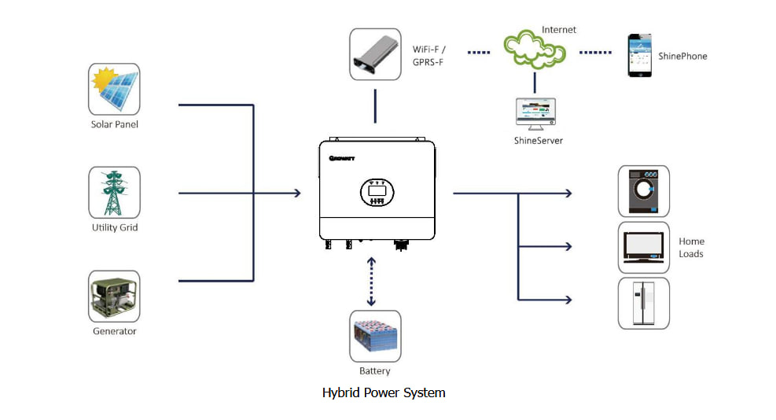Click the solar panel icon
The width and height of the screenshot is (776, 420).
[115, 90]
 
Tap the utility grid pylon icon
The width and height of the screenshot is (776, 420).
[115, 193]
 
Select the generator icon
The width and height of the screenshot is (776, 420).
[115, 297]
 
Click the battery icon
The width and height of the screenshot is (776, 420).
[375, 336]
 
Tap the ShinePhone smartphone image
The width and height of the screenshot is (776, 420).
[641, 55]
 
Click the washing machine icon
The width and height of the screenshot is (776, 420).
[643, 191]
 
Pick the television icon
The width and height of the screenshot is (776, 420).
[643, 247]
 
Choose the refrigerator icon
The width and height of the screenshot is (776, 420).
[643, 303]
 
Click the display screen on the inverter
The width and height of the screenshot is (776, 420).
[377, 191]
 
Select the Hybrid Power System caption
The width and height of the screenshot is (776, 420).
[384, 392]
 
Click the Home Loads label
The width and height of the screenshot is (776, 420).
[691, 248]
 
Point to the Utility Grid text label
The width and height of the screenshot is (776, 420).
[115, 228]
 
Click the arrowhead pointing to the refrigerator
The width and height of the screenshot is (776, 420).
[568, 299]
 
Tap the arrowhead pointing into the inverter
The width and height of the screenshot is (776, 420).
[296, 193]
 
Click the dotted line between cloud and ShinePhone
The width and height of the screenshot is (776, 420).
[595, 53]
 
